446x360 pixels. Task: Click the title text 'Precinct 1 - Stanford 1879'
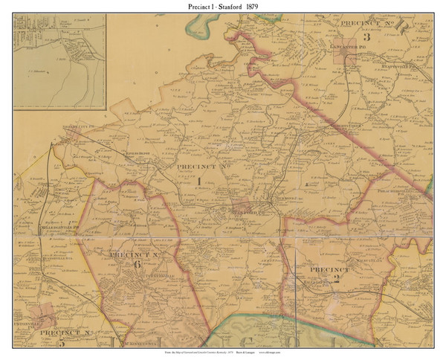pyautogui.click(x=223, y=7)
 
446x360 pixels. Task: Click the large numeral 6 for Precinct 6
pyautogui.click(x=136, y=264)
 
